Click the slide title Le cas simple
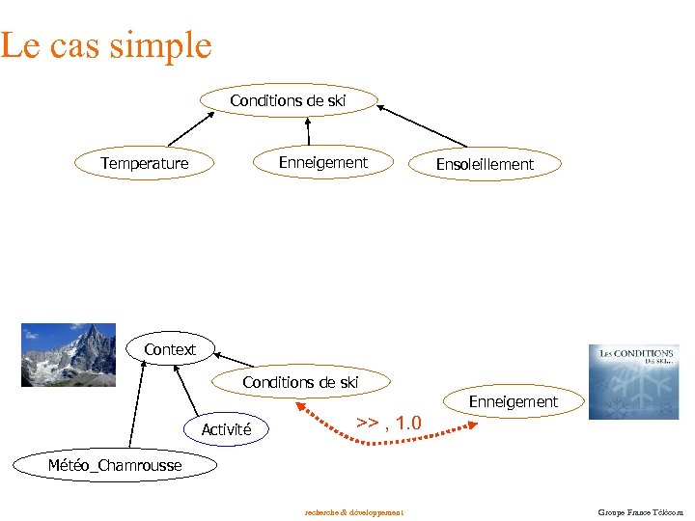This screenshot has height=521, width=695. (105, 45)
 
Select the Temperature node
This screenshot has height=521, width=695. (145, 163)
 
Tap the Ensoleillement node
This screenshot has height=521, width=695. (485, 164)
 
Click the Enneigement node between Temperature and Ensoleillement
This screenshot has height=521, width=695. (323, 162)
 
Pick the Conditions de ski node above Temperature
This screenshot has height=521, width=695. (288, 100)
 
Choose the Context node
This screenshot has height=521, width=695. (170, 349)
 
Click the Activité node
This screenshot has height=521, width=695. (227, 429)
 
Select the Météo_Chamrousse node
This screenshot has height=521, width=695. (115, 466)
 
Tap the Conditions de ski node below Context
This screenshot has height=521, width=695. (300, 382)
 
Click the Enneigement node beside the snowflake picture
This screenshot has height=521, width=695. (514, 401)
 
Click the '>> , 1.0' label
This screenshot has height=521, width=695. (389, 423)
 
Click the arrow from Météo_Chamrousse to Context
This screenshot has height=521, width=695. (134, 405)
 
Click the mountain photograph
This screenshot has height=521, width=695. (69, 354)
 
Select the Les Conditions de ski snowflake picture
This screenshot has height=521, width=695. (633, 382)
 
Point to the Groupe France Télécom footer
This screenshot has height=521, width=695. (640, 511)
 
